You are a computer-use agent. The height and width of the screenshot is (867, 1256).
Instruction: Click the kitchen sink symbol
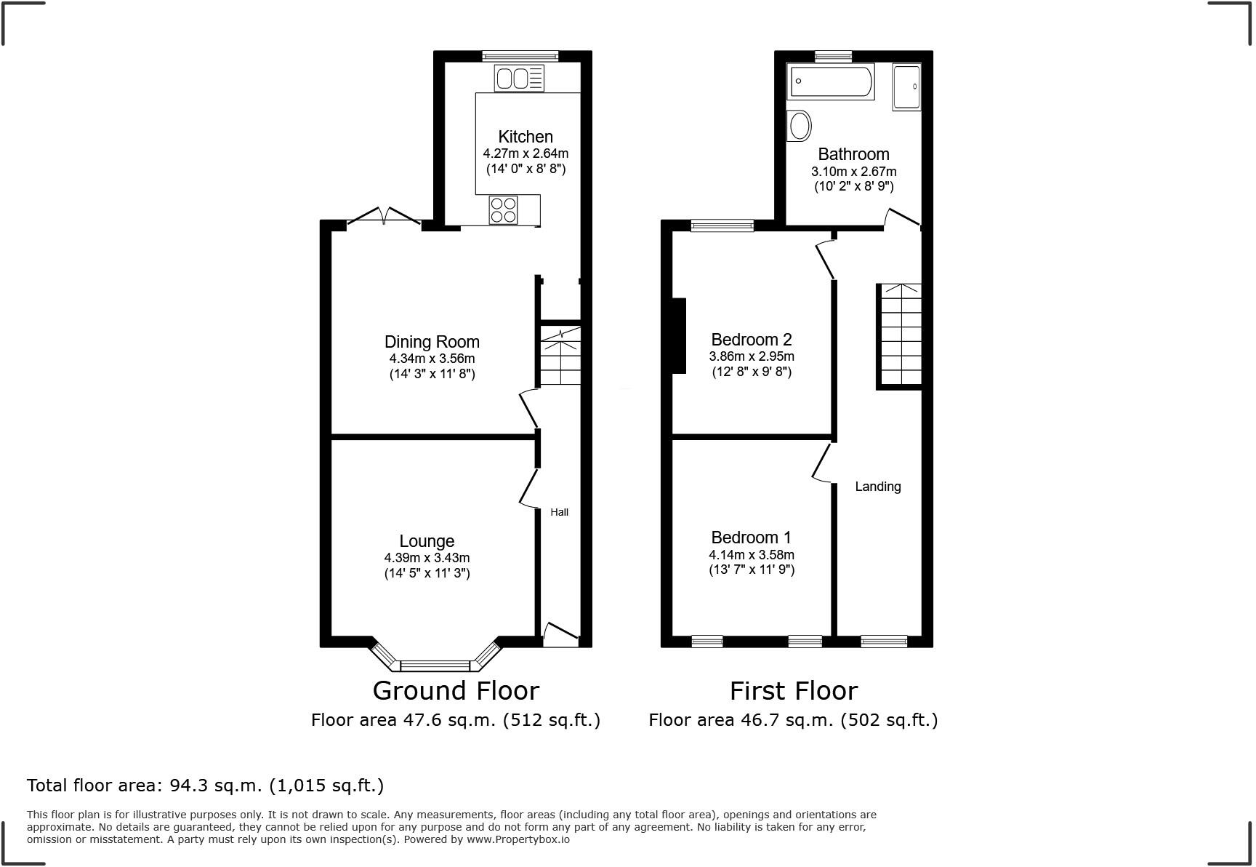click(x=519, y=78)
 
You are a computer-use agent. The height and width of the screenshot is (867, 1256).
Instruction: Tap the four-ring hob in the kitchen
click(x=504, y=210)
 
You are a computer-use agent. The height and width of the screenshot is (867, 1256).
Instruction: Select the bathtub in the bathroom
click(x=831, y=81)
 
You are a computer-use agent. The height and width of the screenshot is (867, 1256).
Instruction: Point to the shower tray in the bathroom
click(x=906, y=87)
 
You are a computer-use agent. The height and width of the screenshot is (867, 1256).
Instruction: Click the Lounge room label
click(x=427, y=541)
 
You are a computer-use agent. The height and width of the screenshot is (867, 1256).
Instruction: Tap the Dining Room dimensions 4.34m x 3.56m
click(x=432, y=359)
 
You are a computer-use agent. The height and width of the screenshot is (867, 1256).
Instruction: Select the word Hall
click(x=559, y=512)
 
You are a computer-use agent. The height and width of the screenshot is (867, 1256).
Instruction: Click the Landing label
click(x=877, y=487)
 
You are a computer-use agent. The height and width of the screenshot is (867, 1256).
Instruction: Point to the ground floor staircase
click(x=560, y=356)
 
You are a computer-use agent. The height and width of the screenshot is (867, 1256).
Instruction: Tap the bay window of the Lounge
click(x=435, y=664)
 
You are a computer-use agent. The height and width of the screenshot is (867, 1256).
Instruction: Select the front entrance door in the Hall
click(x=560, y=634)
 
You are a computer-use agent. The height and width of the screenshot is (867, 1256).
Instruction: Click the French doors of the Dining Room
click(x=384, y=217)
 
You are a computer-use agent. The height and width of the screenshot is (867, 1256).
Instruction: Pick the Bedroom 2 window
click(x=722, y=226)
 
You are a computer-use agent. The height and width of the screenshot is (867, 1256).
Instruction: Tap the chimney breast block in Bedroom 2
click(x=679, y=335)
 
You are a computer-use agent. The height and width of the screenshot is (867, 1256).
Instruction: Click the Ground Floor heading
click(x=456, y=690)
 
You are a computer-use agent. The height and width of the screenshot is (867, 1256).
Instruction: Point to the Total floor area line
click(x=205, y=786)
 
